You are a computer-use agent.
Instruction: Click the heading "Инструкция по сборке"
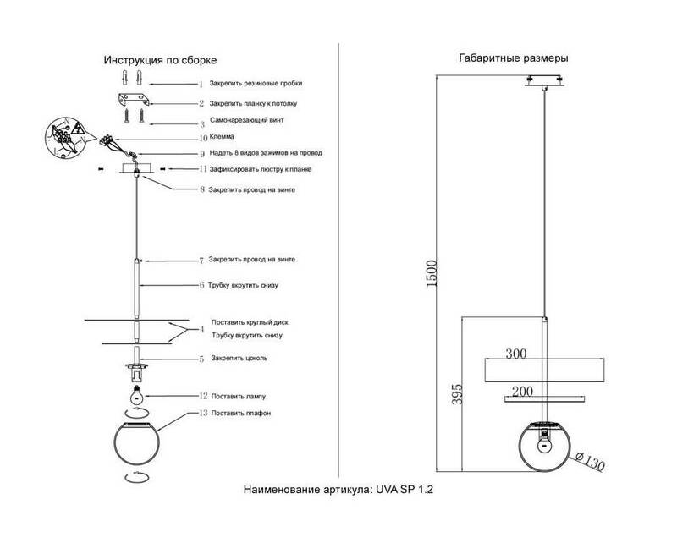point(160,60)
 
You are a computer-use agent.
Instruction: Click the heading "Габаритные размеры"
point(514,58)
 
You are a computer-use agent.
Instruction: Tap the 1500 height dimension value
point(432,273)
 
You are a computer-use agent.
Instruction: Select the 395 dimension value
point(457,394)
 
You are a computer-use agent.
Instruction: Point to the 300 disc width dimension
point(516,354)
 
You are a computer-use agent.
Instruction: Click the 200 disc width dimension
point(522,392)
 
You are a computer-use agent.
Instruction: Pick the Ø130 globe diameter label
point(590,461)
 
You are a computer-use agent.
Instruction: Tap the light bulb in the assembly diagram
point(137,393)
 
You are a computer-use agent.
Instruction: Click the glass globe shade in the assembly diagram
point(137,443)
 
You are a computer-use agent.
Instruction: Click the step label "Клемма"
point(222,136)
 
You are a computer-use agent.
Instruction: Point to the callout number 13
point(203,413)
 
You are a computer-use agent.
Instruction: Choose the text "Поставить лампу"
point(239,396)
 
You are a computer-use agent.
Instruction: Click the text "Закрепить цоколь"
point(239,358)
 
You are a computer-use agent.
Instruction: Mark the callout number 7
point(201,261)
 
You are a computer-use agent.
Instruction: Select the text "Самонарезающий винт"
point(247,120)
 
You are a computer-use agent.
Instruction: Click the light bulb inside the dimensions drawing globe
point(545,442)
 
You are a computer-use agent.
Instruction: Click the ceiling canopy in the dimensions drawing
point(544,81)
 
